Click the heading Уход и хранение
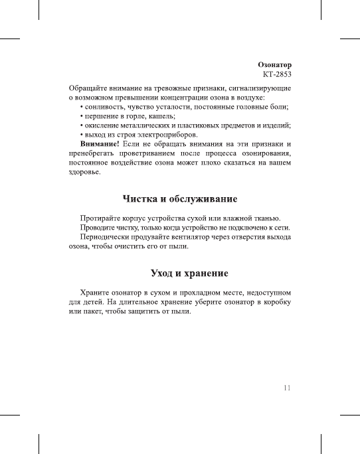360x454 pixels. tap(180, 273)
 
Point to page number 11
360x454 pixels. tap(286, 388)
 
